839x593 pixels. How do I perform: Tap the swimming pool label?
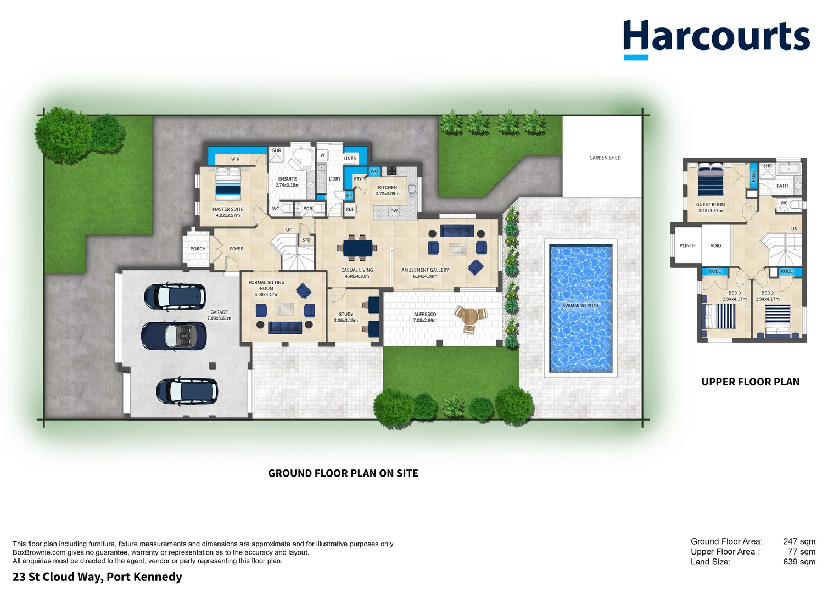point(580,306)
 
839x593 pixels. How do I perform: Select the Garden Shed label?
point(605,158)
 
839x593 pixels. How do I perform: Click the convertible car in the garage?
point(174,335)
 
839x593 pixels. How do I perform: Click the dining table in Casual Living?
point(357,248)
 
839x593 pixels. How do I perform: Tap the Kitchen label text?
point(387,188)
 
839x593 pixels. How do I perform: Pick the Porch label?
point(198,249)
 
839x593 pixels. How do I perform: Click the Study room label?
point(346,315)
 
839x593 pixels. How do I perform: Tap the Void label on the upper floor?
point(715,246)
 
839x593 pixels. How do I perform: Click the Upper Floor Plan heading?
point(750,382)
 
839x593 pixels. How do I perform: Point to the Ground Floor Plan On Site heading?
point(343,473)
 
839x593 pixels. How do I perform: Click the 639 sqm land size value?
point(799,562)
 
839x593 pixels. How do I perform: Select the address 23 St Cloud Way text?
point(97,577)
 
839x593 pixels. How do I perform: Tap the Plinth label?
point(687,246)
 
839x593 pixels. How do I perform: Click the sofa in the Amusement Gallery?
point(457,230)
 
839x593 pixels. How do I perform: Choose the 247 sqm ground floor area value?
point(799,541)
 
